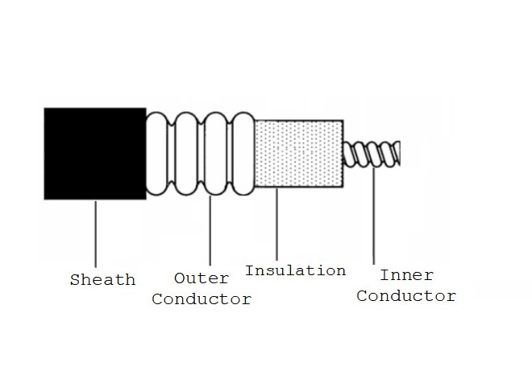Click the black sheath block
coord(94,153)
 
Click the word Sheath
coord(102,280)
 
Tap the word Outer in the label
coord(201,278)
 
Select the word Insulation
coord(295,270)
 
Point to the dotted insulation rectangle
coord(299,154)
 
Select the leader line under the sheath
coord(95,233)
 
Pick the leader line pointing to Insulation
coord(276,225)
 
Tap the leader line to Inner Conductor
coord(374,217)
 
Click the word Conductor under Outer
coord(202,299)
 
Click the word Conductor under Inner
coord(406,295)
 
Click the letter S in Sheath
coord(75,280)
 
